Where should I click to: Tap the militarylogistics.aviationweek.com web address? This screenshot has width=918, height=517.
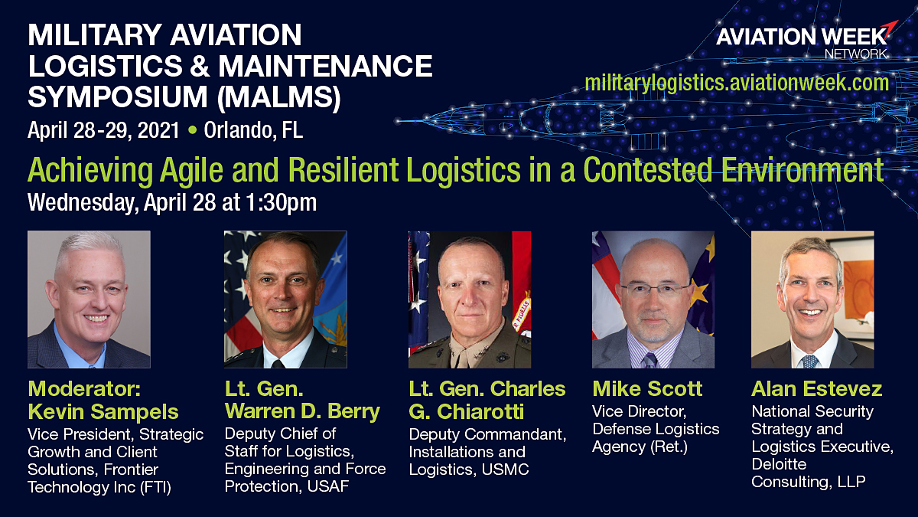pyautogui.click(x=737, y=83)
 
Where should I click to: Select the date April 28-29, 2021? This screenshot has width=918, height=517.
pyautogui.click(x=103, y=130)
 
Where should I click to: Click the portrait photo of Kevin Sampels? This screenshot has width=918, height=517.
pyautogui.click(x=89, y=299)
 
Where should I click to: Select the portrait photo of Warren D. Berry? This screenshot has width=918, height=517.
pyautogui.click(x=285, y=299)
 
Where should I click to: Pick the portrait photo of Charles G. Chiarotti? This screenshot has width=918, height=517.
pyautogui.click(x=470, y=299)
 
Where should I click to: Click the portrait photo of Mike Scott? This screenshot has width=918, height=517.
pyautogui.click(x=653, y=299)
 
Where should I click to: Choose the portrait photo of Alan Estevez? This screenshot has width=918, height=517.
pyautogui.click(x=812, y=299)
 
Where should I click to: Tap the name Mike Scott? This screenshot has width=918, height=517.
pyautogui.click(x=647, y=389)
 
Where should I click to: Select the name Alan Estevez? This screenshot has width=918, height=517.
pyautogui.click(x=816, y=389)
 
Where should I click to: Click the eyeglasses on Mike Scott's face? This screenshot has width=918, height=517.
pyautogui.click(x=655, y=290)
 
